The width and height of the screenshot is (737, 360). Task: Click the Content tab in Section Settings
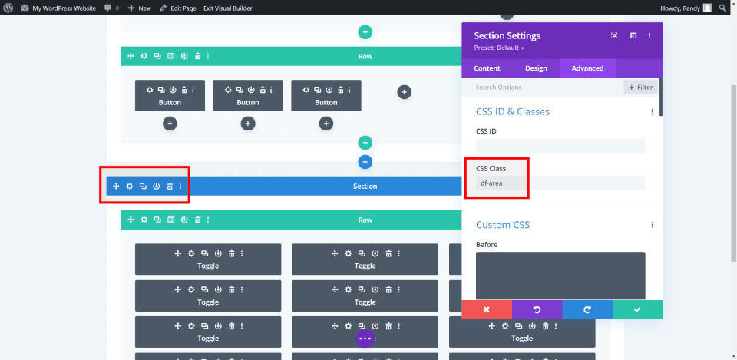tap(487, 68)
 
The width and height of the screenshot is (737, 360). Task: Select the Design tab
tap(536, 68)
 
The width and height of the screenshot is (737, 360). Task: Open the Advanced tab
tap(587, 68)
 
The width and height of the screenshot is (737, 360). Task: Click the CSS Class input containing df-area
tap(560, 183)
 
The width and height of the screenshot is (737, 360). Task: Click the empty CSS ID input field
tap(560, 146)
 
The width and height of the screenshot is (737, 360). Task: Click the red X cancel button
tap(486, 309)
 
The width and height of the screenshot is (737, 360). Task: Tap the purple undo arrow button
tap(537, 309)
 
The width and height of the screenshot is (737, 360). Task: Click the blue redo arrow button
tap(587, 309)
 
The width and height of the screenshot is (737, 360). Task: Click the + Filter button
tap(640, 88)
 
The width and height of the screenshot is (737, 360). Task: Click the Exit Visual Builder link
tap(228, 8)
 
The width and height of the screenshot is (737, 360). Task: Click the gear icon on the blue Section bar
tap(130, 187)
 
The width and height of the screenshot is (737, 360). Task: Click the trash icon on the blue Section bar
tap(170, 187)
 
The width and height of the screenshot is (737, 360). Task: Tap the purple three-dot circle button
tap(365, 338)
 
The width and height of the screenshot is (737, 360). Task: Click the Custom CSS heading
tap(503, 225)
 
